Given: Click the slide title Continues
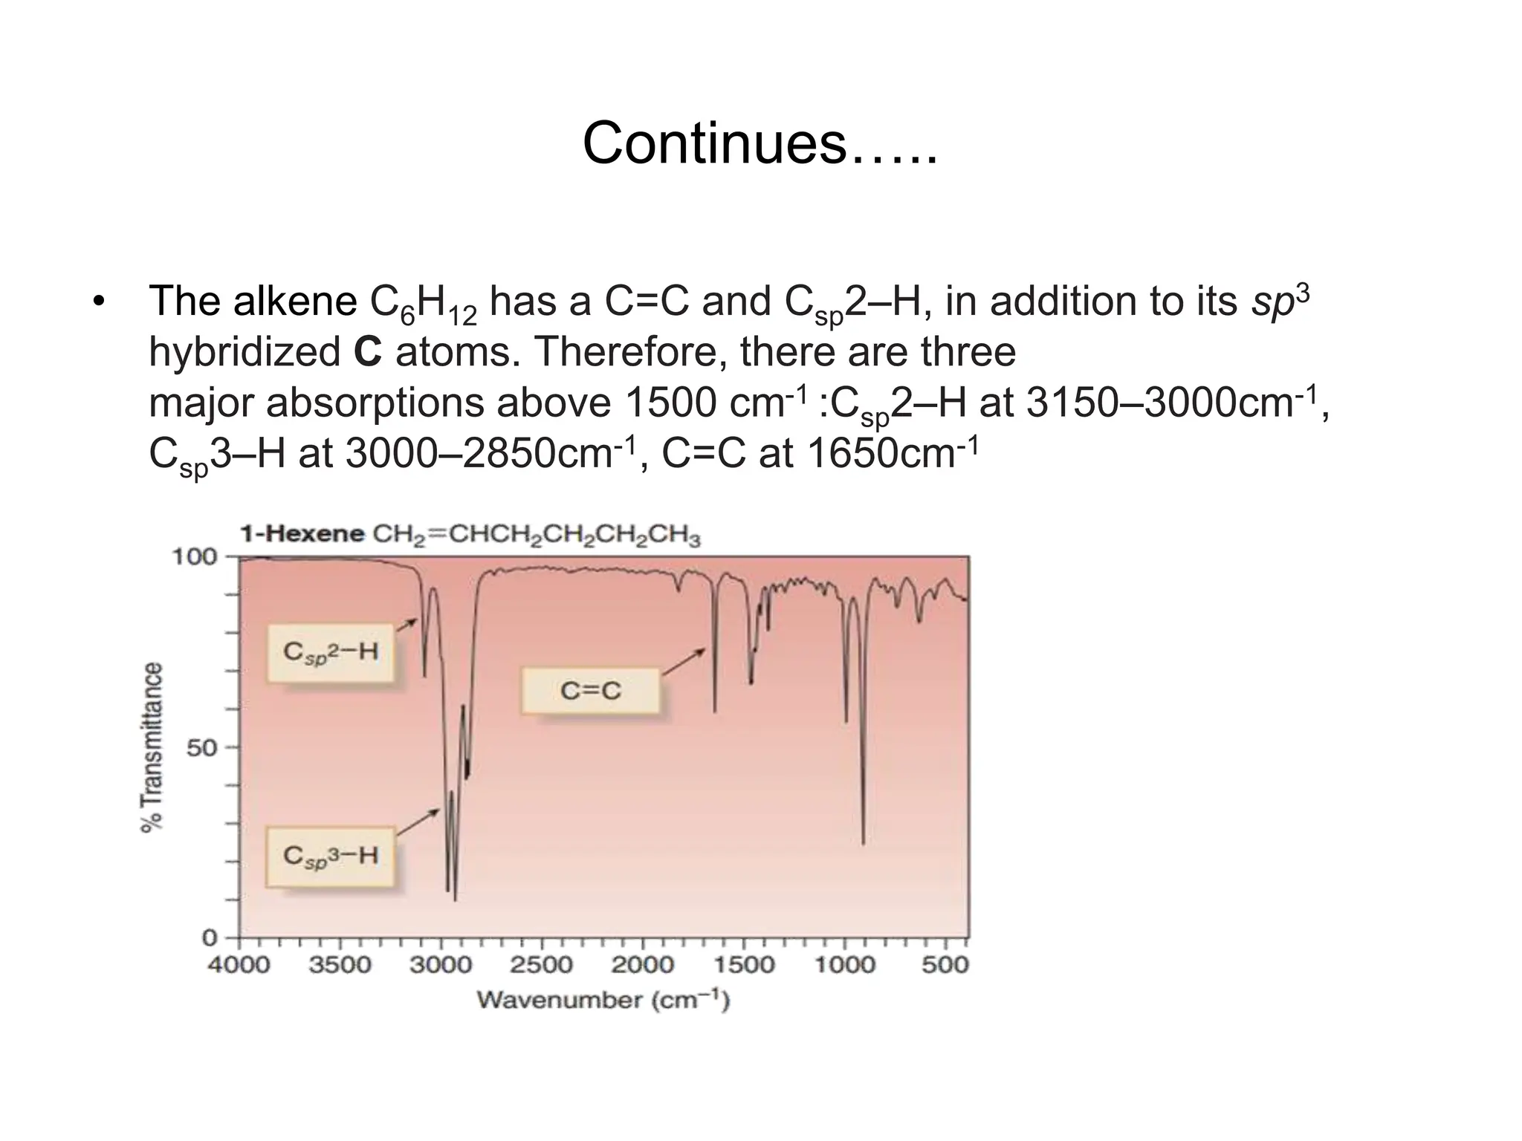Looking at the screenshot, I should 760,143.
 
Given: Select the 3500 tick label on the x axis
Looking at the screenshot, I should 340,965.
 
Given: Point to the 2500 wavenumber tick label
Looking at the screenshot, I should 541,965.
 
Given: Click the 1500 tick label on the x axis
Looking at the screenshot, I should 743,965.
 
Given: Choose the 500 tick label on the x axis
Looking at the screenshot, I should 945,965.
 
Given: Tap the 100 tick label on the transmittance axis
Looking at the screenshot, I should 194,556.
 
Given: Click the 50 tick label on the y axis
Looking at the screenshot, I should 201,747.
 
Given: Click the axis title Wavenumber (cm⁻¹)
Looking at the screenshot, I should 603,1000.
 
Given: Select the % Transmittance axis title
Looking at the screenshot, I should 152,747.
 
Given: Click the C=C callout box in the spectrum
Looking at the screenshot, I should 590,691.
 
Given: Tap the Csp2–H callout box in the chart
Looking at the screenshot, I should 331,653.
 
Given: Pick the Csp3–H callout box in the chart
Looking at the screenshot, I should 331,856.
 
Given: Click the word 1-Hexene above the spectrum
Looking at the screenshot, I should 301,534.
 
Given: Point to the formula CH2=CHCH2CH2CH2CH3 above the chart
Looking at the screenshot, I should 536,536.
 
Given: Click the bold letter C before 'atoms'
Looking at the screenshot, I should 368,352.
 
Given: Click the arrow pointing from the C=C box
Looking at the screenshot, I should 683,662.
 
